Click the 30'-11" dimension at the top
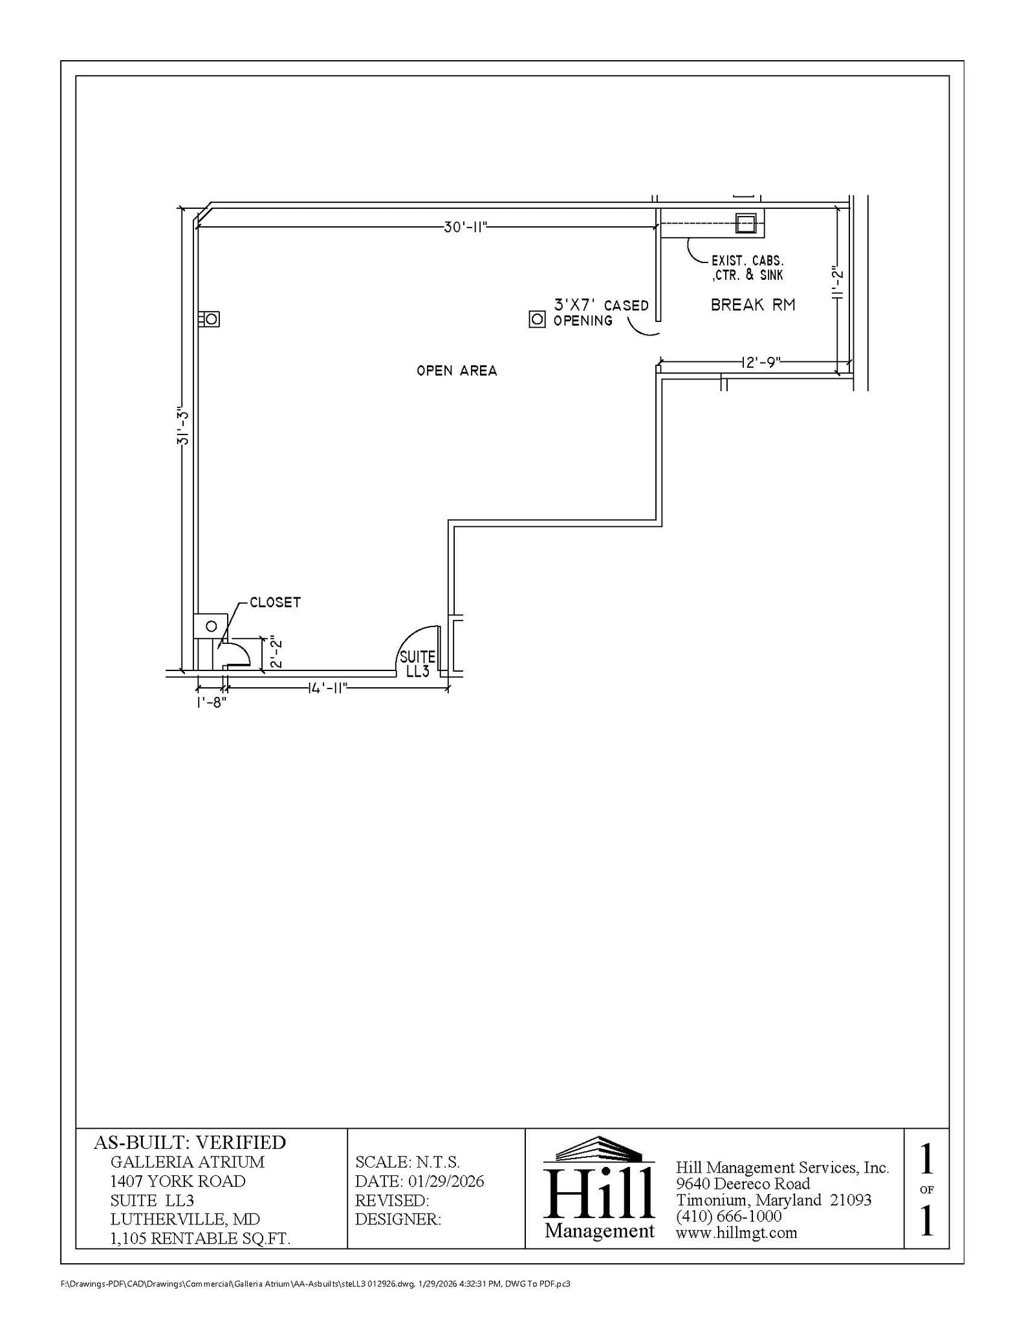coord(464,227)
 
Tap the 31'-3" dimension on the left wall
coord(183,428)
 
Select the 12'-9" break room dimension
coord(761,362)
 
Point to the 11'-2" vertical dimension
coord(838,282)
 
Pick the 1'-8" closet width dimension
coord(212,701)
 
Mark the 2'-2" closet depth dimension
coord(276,654)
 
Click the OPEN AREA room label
coord(457,371)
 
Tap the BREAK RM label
coord(753,305)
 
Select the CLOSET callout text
coord(275,603)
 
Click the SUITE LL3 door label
coord(417,664)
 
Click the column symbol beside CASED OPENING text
coord(537,319)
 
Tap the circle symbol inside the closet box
coord(211,626)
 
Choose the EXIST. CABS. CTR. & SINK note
coord(747,268)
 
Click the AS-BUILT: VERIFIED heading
coord(190,1142)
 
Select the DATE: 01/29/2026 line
coord(419,1181)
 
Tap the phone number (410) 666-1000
coord(728,1216)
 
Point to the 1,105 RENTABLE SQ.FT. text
coord(200,1239)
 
